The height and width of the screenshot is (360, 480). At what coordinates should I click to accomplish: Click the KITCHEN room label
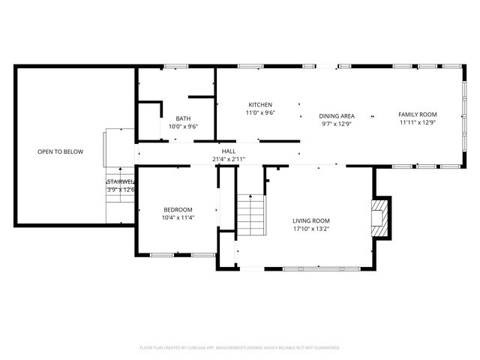tap(260, 104)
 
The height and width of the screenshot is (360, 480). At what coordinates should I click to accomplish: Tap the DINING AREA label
tap(337, 115)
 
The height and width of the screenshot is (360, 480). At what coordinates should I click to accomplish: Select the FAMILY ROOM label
tap(417, 114)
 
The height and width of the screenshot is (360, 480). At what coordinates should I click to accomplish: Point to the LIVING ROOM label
tap(311, 220)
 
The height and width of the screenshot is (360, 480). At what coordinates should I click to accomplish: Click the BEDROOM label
tap(178, 209)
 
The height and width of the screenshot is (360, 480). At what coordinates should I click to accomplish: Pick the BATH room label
tap(183, 118)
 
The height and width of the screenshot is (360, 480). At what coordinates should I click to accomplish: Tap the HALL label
tap(228, 151)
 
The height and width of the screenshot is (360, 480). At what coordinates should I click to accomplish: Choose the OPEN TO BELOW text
tap(60, 151)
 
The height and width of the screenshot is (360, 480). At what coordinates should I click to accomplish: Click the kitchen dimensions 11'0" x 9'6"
tap(260, 112)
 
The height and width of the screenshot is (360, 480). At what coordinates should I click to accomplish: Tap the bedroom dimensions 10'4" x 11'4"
tap(178, 217)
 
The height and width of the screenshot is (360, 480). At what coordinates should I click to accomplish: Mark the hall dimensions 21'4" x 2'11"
tap(228, 159)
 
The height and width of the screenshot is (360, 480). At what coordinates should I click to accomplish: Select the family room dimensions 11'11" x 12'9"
tap(417, 122)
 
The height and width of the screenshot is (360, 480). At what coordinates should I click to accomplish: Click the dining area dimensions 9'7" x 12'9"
tap(337, 123)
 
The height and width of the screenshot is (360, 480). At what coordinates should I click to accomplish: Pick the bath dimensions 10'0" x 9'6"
tap(183, 127)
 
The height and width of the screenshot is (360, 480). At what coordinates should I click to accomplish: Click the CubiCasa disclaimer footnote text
tap(240, 347)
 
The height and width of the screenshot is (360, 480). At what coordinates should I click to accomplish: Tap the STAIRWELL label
tap(120, 181)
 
